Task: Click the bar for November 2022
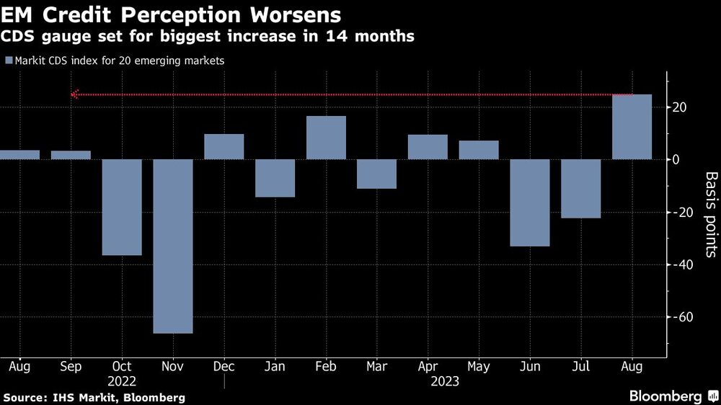[173, 246]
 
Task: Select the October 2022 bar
[122, 207]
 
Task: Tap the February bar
[326, 138]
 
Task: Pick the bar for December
[224, 146]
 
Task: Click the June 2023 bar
[530, 202]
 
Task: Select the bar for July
[581, 188]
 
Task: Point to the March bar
[377, 174]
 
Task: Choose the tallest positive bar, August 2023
[632, 127]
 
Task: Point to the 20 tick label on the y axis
[680, 107]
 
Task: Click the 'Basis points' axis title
[710, 214]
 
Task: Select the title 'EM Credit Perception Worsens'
[172, 14]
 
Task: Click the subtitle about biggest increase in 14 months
[208, 36]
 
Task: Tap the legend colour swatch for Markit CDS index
[8, 61]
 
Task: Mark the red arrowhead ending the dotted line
[74, 94]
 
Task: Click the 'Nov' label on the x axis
[173, 366]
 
